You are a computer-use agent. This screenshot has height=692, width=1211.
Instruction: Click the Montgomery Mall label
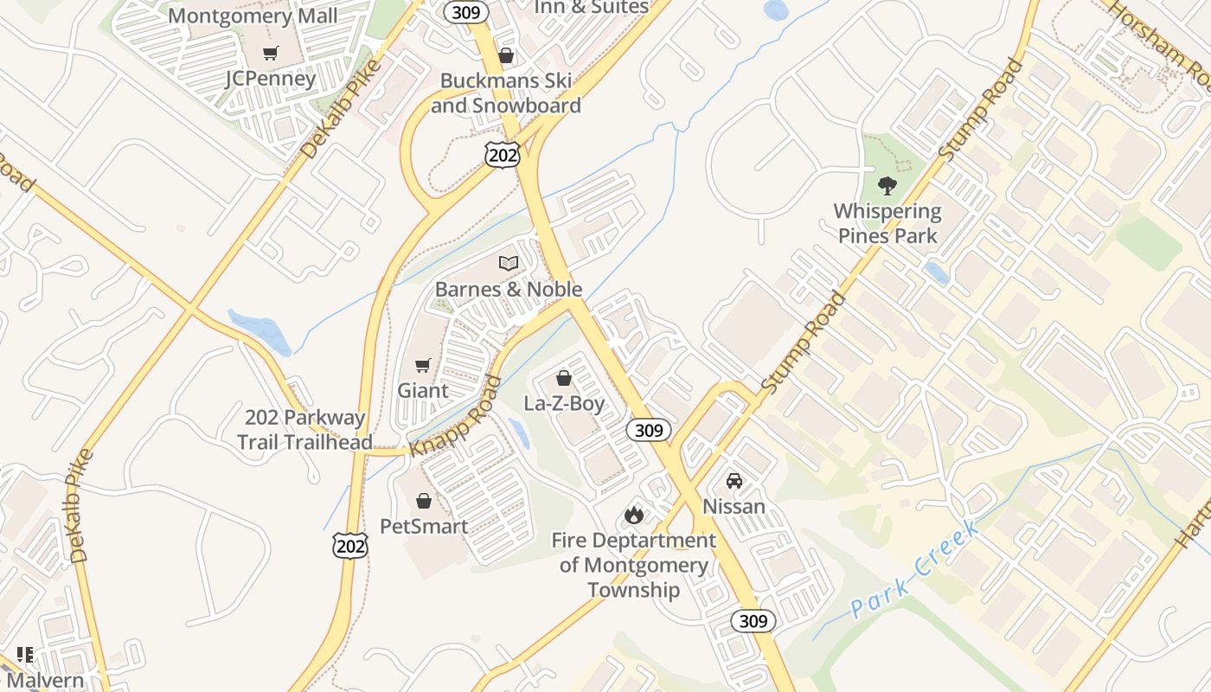pyautogui.click(x=253, y=16)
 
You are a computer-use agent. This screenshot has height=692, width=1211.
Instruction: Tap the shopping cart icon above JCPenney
pyautogui.click(x=271, y=53)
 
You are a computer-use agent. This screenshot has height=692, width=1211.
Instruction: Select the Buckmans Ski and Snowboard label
pyautogui.click(x=506, y=93)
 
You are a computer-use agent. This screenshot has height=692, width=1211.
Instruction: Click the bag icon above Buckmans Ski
pyautogui.click(x=506, y=55)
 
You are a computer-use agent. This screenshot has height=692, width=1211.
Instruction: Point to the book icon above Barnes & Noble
pyautogui.click(x=509, y=263)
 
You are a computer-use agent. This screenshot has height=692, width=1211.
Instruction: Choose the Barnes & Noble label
pyautogui.click(x=509, y=289)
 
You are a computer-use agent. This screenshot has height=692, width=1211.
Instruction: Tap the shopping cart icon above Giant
pyautogui.click(x=423, y=365)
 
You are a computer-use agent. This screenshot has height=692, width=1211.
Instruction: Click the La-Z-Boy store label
pyautogui.click(x=564, y=403)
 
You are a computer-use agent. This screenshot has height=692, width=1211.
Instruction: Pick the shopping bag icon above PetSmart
pyautogui.click(x=424, y=501)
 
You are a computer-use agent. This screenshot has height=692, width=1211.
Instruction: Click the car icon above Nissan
pyautogui.click(x=734, y=481)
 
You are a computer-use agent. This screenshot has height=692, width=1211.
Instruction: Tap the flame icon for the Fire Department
pyautogui.click(x=634, y=516)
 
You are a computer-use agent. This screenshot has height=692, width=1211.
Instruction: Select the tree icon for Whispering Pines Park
pyautogui.click(x=887, y=185)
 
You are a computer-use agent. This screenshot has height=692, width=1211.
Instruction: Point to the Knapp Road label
pyautogui.click(x=456, y=416)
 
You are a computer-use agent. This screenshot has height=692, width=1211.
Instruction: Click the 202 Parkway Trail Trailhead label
pyautogui.click(x=304, y=429)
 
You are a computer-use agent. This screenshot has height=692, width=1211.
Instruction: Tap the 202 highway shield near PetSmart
pyautogui.click(x=350, y=545)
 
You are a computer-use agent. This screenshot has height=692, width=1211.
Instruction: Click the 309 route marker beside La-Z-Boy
pyautogui.click(x=648, y=430)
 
